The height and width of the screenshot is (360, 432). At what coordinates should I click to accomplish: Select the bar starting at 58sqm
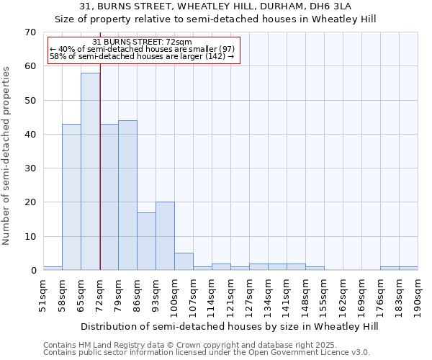(x=71, y=197)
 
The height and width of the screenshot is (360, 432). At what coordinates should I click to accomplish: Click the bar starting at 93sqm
(x=165, y=236)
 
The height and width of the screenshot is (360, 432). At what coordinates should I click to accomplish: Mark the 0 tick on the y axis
(x=32, y=271)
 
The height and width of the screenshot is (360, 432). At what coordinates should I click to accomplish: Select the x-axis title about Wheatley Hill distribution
(x=229, y=326)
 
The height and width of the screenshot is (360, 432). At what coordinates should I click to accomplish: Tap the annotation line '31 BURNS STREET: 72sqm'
(x=143, y=42)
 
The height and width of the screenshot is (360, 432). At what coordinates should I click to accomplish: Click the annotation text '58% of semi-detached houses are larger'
(x=142, y=57)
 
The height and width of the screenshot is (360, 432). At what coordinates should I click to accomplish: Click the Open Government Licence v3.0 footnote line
(x=206, y=352)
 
